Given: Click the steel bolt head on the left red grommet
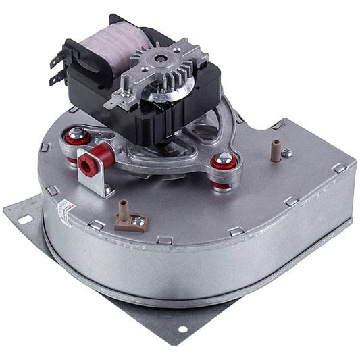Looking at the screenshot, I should (78, 132).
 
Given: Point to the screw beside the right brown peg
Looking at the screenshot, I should (287, 153).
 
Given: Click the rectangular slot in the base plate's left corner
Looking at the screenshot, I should (24, 220).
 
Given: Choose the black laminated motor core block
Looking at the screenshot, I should (172, 111).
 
